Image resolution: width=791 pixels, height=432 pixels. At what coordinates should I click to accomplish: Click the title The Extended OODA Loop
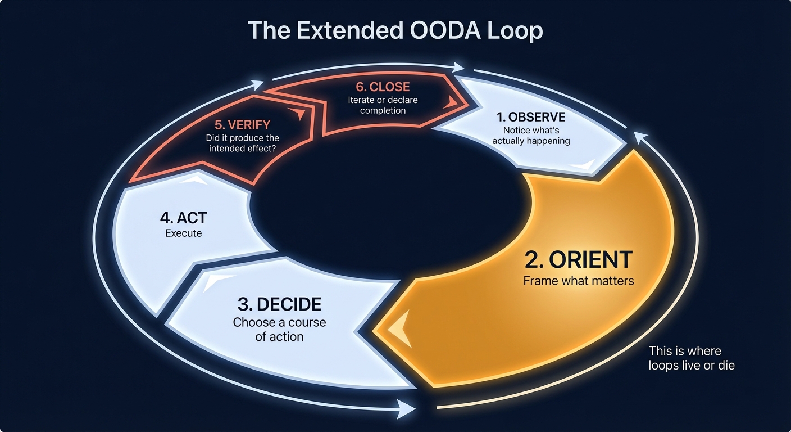click(x=395, y=31)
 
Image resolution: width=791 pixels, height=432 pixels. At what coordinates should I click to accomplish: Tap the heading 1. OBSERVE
click(x=531, y=118)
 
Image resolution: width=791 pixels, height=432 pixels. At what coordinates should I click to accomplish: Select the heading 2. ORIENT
click(x=579, y=259)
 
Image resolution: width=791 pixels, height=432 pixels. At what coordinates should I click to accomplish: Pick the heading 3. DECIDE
click(x=279, y=304)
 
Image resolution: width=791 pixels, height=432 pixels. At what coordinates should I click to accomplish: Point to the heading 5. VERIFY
click(x=242, y=125)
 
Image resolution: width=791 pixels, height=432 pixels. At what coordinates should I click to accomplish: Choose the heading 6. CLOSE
click(x=383, y=87)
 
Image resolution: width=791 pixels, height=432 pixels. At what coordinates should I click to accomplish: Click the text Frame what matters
click(x=579, y=280)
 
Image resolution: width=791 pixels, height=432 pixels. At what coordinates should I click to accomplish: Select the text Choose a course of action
click(x=279, y=330)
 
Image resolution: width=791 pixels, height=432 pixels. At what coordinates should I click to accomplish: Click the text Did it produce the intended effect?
click(x=242, y=143)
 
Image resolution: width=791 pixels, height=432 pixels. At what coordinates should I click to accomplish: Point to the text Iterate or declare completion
click(x=383, y=105)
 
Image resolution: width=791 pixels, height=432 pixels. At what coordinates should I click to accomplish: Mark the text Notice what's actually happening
click(x=531, y=136)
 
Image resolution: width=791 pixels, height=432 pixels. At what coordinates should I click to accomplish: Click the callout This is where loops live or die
click(x=691, y=358)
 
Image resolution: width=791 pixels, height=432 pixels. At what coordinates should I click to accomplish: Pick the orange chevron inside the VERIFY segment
click(x=299, y=114)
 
